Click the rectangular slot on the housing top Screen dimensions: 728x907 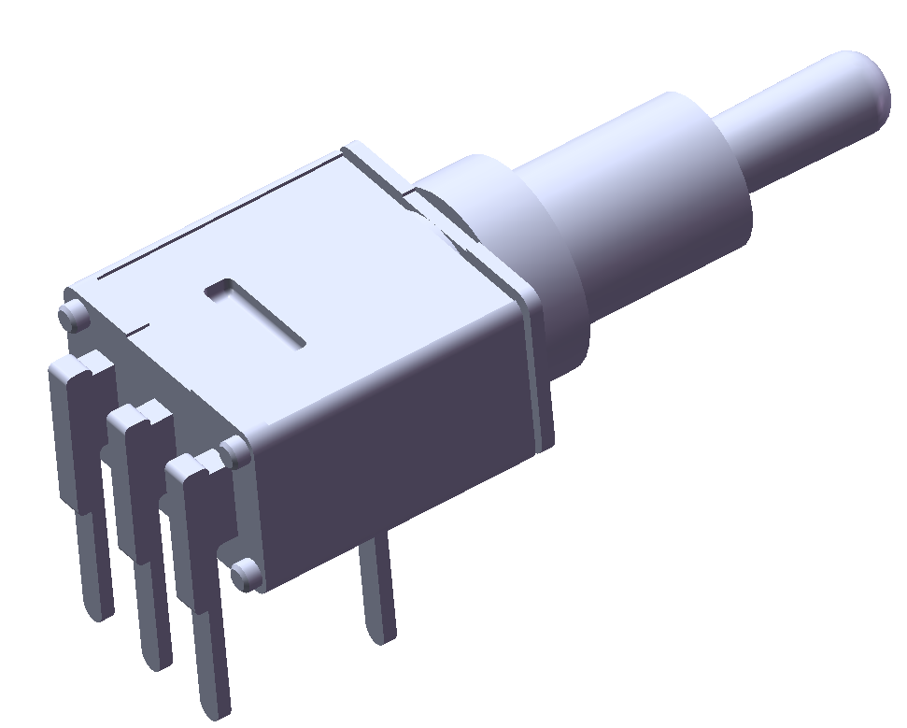254,312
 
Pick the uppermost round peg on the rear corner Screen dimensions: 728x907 72,314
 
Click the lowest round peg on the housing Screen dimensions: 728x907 246,573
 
